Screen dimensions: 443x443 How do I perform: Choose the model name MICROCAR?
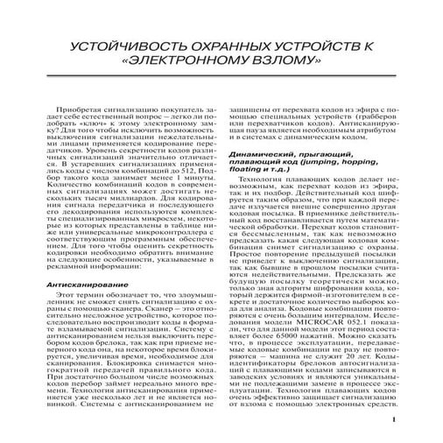point(314,317)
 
